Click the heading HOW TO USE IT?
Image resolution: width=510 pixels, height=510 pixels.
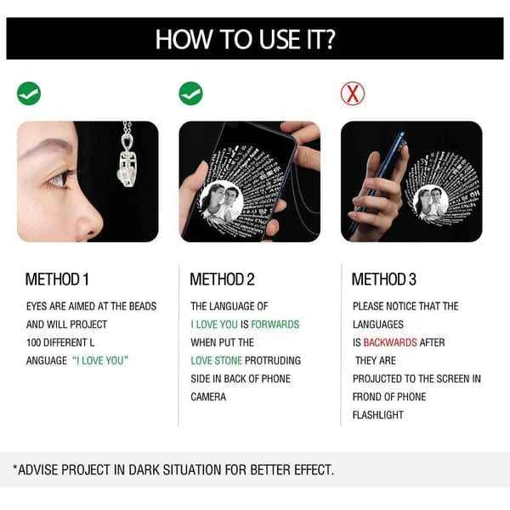(x=255, y=38)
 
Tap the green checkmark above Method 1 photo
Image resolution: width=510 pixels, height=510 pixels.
(x=30, y=93)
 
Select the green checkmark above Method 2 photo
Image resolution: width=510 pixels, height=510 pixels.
(x=190, y=93)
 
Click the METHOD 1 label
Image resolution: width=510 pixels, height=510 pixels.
(x=58, y=279)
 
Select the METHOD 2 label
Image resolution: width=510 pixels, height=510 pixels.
(x=223, y=279)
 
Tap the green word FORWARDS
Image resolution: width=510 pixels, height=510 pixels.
(x=275, y=324)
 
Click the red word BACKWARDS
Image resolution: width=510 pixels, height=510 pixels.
(x=391, y=343)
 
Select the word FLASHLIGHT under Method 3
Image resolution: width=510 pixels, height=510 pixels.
(x=378, y=415)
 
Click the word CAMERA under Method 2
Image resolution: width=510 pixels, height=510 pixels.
(x=207, y=397)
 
